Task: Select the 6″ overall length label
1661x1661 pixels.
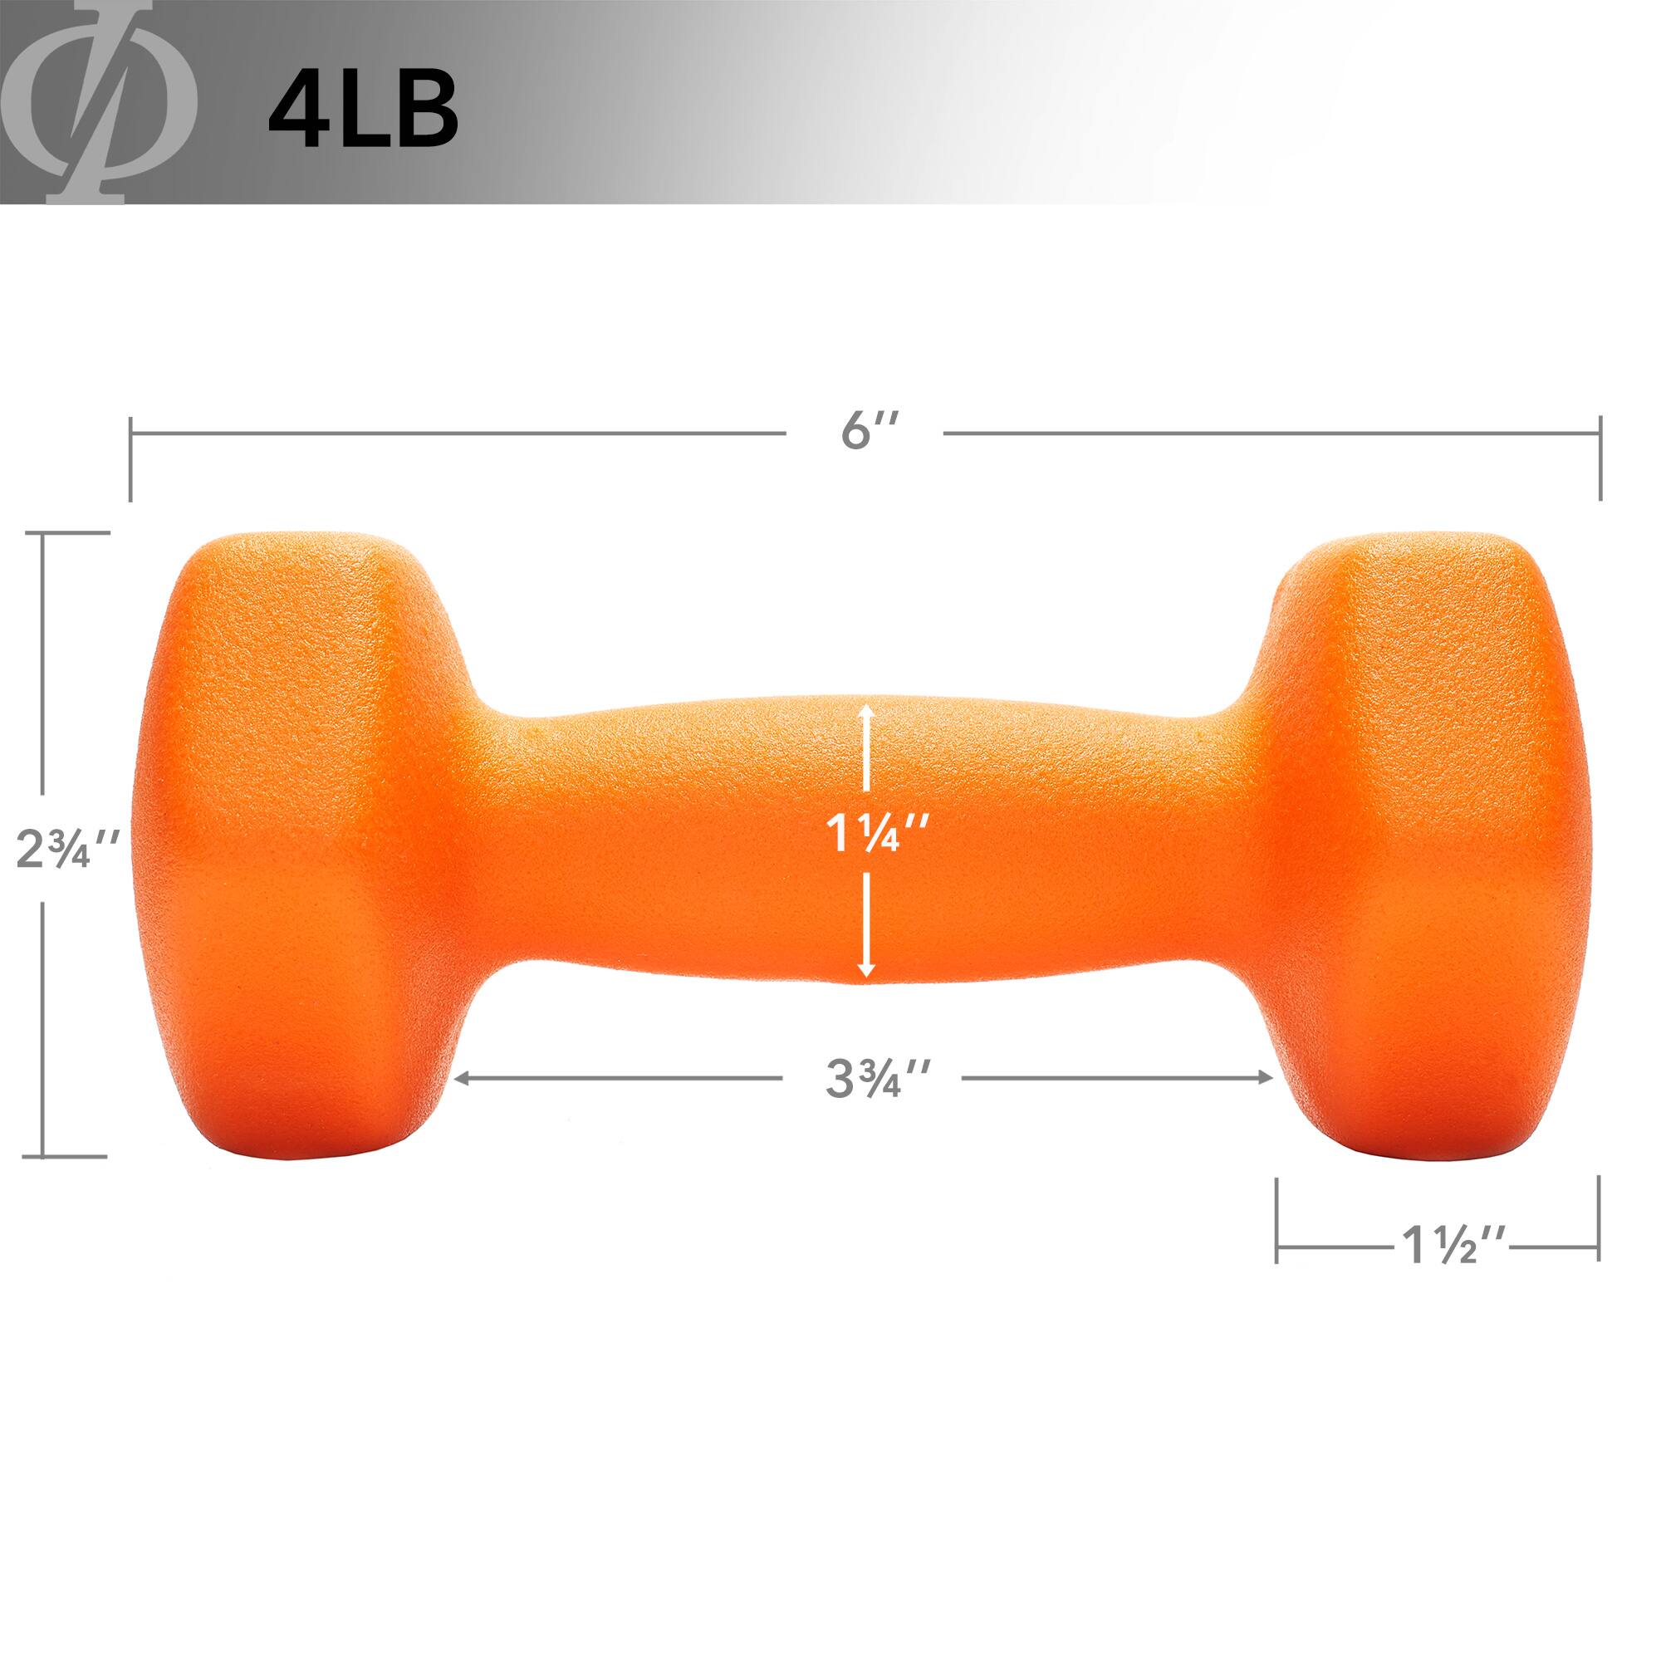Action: (x=869, y=432)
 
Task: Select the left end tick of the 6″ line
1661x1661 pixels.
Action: (x=130, y=458)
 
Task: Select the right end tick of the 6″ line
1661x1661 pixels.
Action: (x=1599, y=458)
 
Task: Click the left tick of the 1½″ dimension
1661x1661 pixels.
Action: (x=1276, y=1220)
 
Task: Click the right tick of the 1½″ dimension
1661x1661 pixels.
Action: (x=1598, y=1220)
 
